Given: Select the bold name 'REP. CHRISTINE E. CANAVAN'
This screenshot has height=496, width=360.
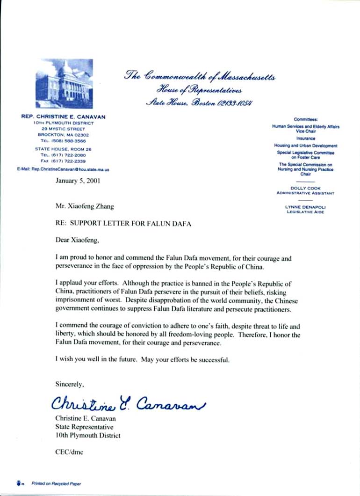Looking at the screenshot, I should click(64, 116).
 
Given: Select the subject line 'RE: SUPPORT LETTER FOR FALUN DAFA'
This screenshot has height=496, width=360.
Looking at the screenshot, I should click(123, 224).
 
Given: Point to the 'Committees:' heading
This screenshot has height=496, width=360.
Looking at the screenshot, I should click(306, 119).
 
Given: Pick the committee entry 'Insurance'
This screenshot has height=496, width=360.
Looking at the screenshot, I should click(306, 139).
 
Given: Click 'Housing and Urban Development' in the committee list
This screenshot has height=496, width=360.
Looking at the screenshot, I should click(306, 146).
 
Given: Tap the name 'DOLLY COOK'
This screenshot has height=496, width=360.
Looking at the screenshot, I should click(306, 188).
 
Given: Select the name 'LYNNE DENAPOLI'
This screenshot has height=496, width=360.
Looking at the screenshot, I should click(306, 207).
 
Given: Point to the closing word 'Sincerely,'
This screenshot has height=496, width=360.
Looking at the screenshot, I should click(70, 384).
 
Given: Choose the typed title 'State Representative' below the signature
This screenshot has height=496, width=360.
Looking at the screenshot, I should click(84, 427).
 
